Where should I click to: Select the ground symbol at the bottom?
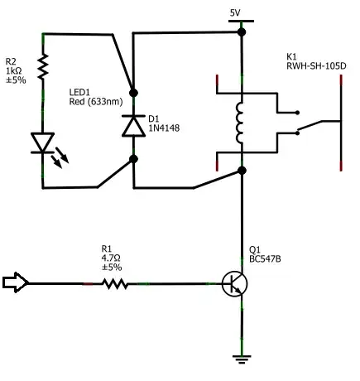[x=242, y=359]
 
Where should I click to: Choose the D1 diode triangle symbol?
[x=132, y=126]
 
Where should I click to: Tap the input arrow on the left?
[x=16, y=283]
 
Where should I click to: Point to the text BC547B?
[x=265, y=259]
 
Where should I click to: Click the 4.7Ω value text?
[x=111, y=258]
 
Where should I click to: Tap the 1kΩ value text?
[x=16, y=70]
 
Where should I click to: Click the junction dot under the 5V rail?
[x=242, y=31]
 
